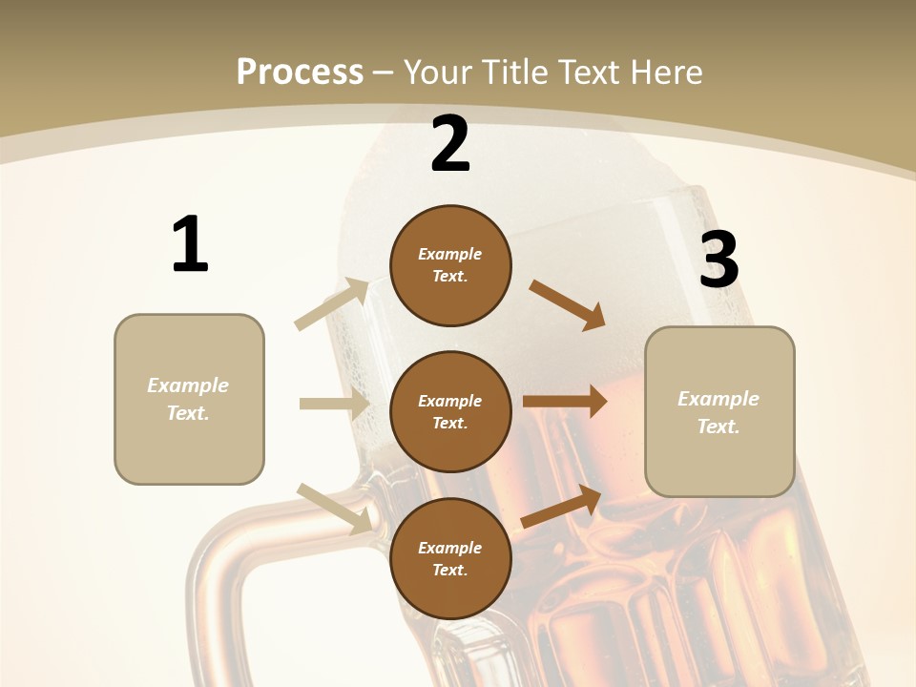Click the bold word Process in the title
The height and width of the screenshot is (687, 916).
point(300,72)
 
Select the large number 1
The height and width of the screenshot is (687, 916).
point(190,244)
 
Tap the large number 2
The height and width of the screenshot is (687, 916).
point(450,144)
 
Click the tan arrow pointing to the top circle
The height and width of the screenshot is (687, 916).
point(332,304)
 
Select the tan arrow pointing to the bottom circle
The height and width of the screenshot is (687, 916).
point(335,508)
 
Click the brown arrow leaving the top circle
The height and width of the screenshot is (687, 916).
point(567,304)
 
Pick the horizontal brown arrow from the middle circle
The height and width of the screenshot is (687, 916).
point(565,402)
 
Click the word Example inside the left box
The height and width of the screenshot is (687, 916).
point(188,385)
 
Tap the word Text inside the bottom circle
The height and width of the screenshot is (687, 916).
point(449,570)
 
